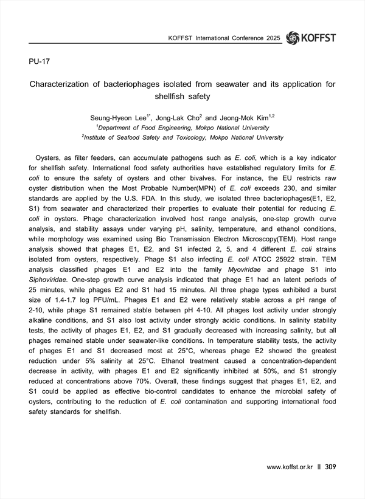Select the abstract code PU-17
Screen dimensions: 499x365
point(40,62)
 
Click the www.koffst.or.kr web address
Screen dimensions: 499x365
point(290,467)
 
